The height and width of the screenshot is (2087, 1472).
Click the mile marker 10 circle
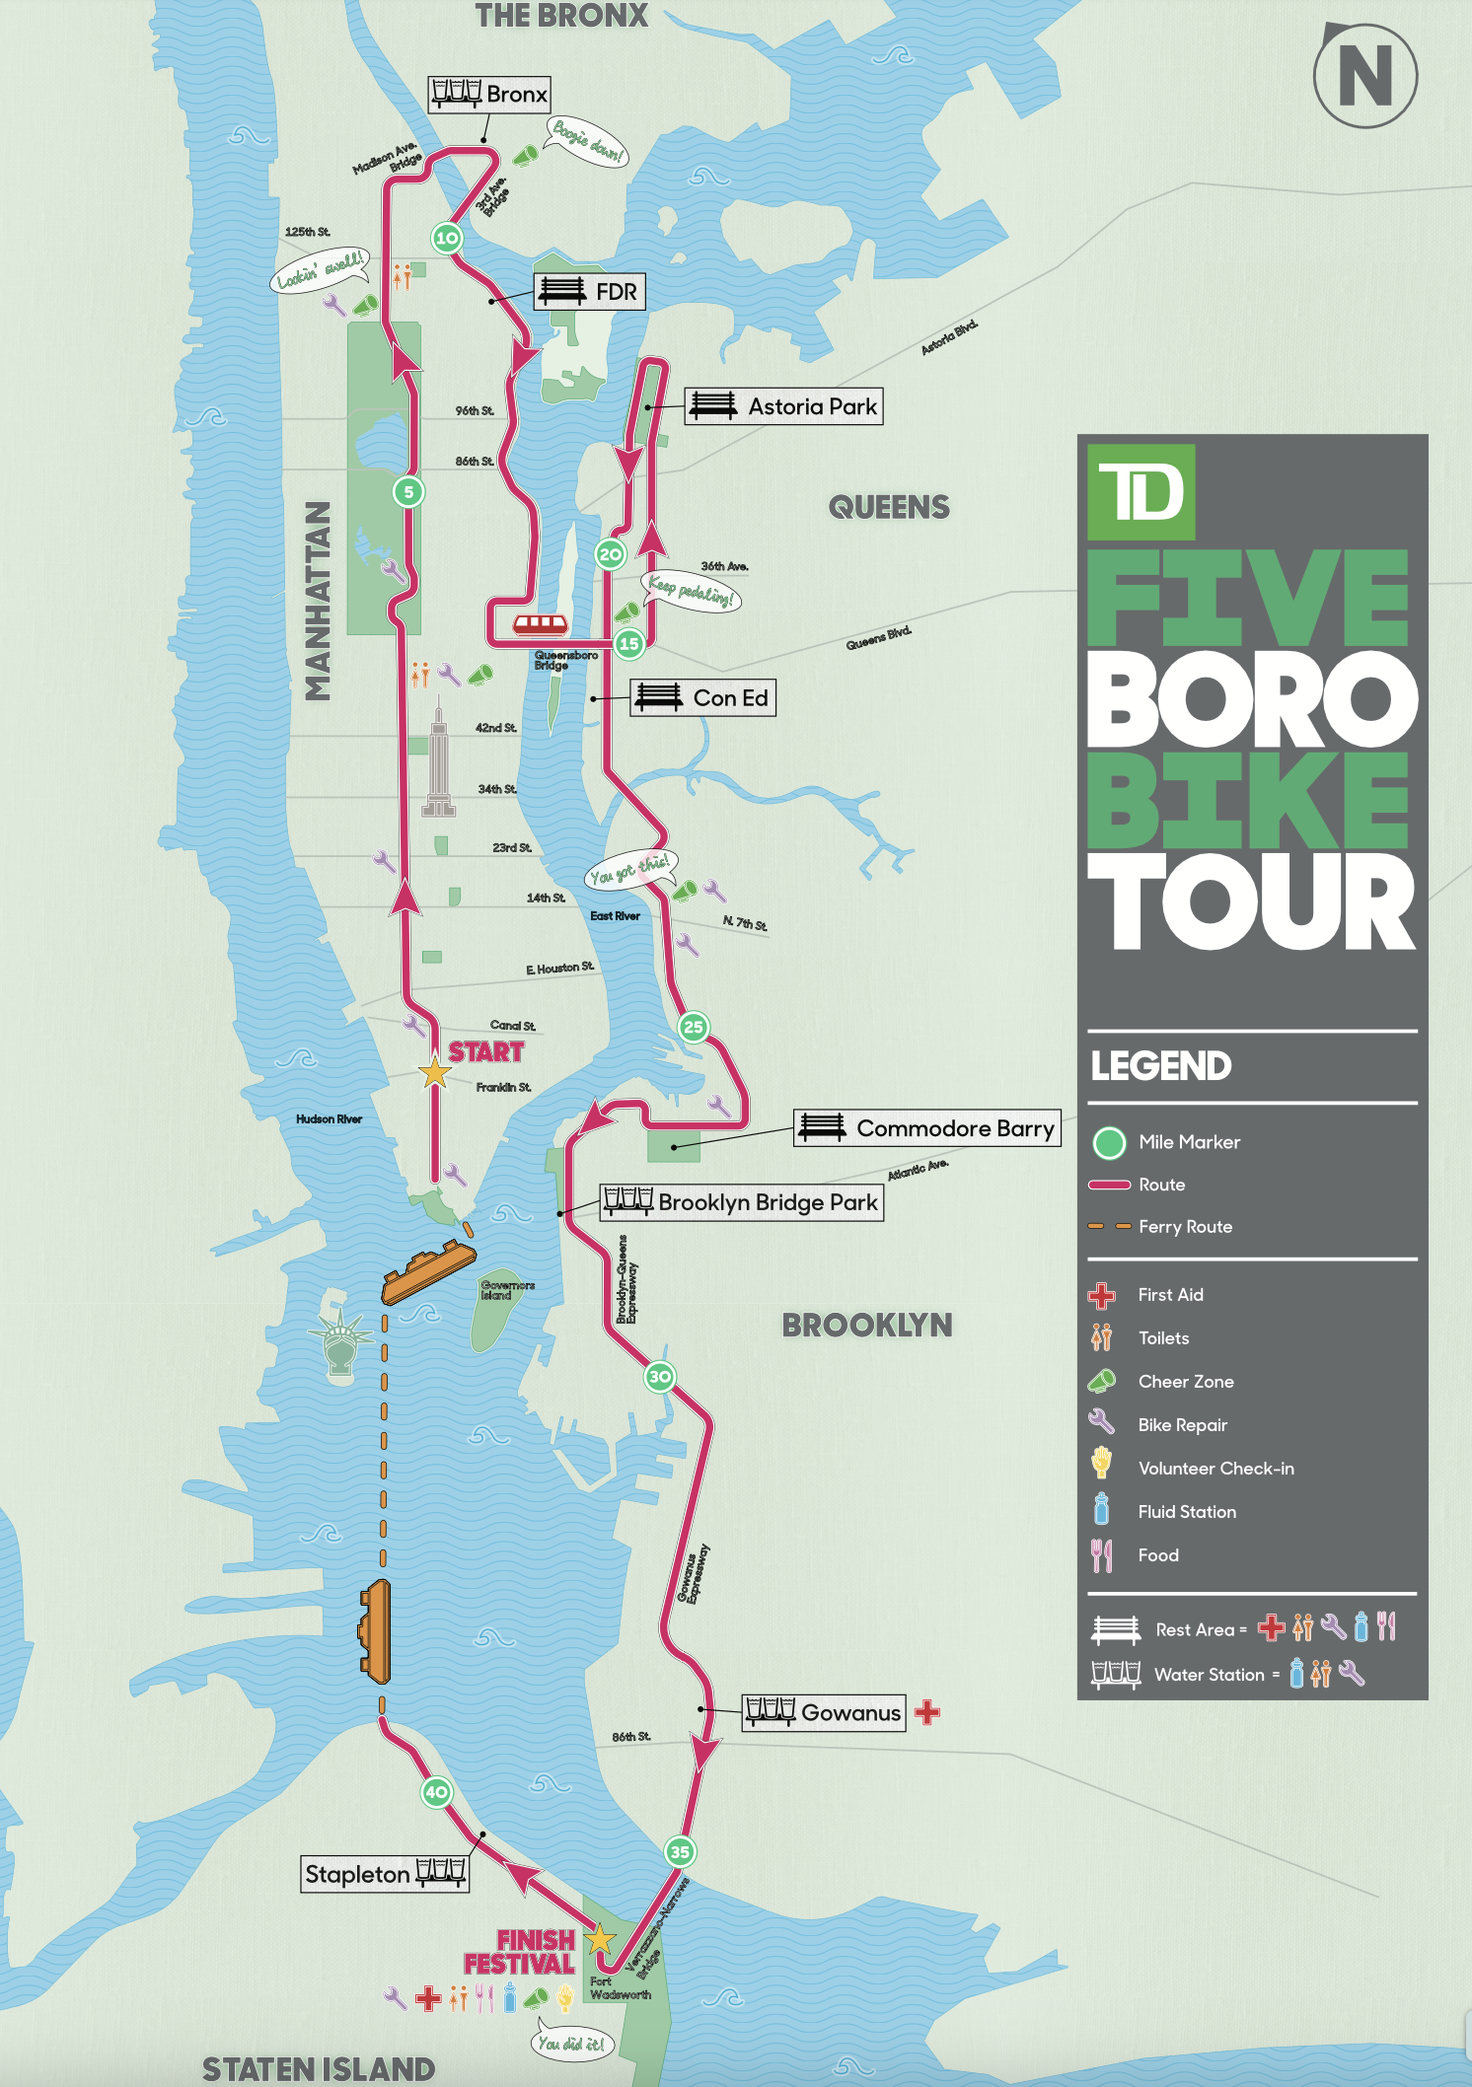[447, 238]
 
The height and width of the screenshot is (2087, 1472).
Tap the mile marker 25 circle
[694, 1027]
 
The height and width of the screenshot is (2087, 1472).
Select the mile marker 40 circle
[436, 1792]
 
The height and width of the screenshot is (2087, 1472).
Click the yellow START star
[435, 1072]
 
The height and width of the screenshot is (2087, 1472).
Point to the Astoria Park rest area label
[784, 406]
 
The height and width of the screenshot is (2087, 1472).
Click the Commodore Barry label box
[927, 1128]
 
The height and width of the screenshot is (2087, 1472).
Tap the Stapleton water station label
[385, 1874]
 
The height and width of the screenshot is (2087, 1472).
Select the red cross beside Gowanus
[926, 1712]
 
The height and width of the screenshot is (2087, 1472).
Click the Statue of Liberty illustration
[340, 1339]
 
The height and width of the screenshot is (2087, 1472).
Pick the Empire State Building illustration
[438, 759]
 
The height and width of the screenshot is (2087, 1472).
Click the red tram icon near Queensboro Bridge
[541, 623]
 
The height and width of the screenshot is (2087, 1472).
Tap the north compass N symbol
[1365, 76]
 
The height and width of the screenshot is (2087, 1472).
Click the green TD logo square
[1141, 492]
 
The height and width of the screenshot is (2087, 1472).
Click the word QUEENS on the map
[889, 507]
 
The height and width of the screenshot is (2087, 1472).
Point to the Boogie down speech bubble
[588, 142]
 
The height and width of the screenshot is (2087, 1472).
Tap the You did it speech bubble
[571, 2044]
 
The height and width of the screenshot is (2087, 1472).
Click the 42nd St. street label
[495, 728]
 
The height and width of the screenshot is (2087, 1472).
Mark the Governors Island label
[507, 1290]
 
